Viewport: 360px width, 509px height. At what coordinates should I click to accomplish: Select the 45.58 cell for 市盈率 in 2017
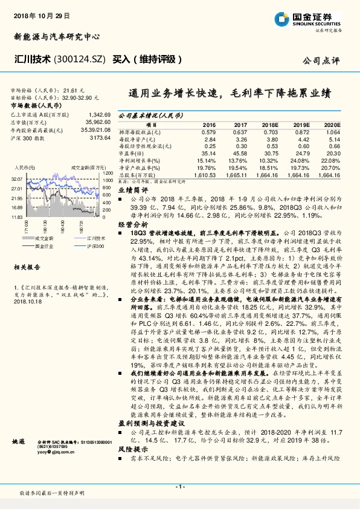coord(239,154)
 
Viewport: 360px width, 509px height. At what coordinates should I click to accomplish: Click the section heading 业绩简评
coord(129,189)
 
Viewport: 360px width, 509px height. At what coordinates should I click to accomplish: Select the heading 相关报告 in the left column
coord(26,267)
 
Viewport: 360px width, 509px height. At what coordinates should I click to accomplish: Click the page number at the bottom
coord(179,487)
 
